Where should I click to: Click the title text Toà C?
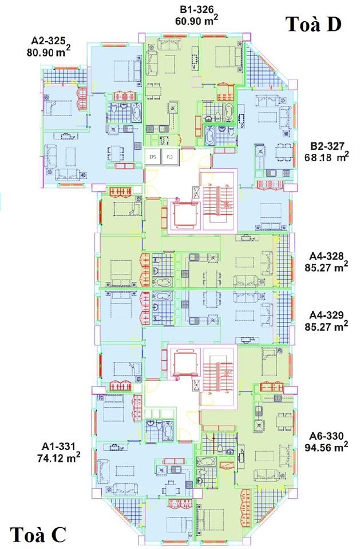click(38, 535)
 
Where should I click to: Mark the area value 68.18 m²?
click(329, 156)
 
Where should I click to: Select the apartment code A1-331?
click(60, 445)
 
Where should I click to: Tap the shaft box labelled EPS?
click(153, 157)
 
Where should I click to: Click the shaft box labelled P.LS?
click(170, 157)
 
